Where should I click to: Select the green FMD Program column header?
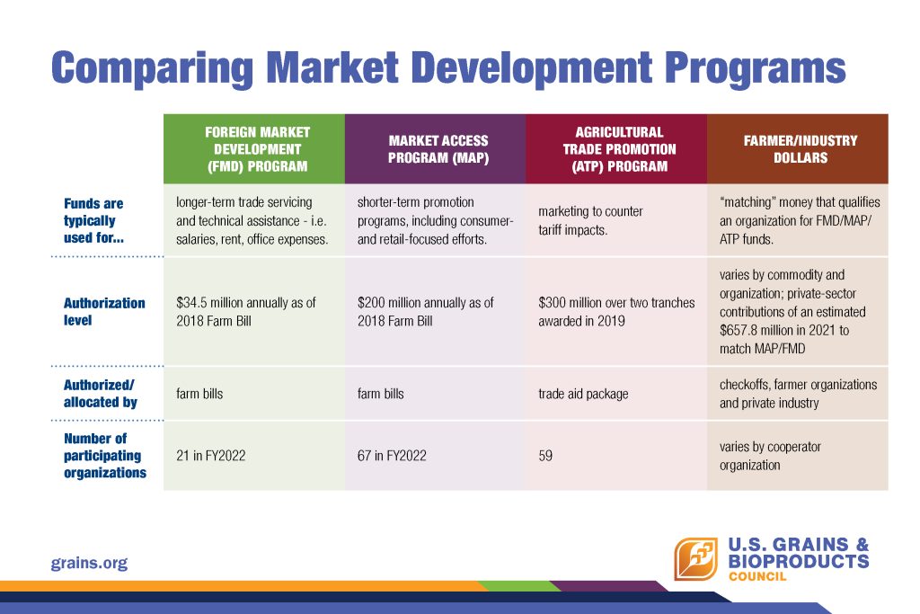[254, 149]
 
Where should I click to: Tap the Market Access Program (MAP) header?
[436, 149]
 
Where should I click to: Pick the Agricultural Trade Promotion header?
[616, 149]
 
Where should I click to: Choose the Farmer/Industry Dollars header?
[798, 149]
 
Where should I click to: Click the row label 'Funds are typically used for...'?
[93, 221]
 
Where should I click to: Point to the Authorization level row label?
[104, 312]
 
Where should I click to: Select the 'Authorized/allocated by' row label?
[101, 393]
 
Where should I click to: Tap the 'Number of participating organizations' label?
[105, 456]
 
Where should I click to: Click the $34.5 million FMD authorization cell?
[246, 312]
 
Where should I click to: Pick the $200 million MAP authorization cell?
[425, 312]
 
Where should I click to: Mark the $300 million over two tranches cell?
[616, 312]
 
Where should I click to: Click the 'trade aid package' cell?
[583, 394]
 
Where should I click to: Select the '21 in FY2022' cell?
[210, 456]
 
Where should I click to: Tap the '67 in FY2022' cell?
[392, 456]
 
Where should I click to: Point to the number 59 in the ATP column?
[545, 456]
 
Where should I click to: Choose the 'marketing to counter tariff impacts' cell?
[590, 221]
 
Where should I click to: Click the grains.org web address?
[89, 564]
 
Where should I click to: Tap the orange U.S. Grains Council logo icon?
[696, 559]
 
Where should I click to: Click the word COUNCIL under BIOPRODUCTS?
[757, 576]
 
